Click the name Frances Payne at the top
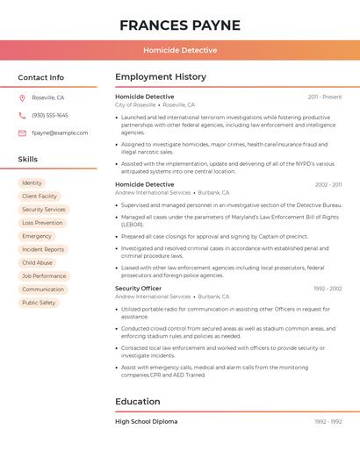180,25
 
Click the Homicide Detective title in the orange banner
180,50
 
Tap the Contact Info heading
40,77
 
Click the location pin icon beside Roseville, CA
22,97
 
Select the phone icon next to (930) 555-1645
22,115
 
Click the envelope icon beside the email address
22,132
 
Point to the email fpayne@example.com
60,132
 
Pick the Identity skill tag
32,182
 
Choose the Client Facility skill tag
40,197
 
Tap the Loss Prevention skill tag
42,223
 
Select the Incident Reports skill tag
43,249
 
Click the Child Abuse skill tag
37,262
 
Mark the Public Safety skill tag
39,303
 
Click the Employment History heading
161,77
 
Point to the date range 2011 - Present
325,97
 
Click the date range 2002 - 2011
328,185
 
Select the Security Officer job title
138,289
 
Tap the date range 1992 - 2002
328,289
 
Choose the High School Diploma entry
146,421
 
